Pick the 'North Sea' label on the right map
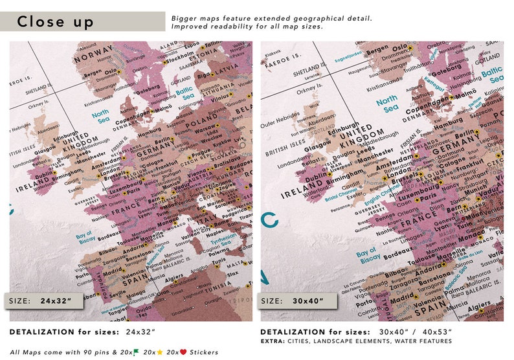[388, 104]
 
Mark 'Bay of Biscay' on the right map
[366, 256]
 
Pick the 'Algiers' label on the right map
[480, 306]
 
